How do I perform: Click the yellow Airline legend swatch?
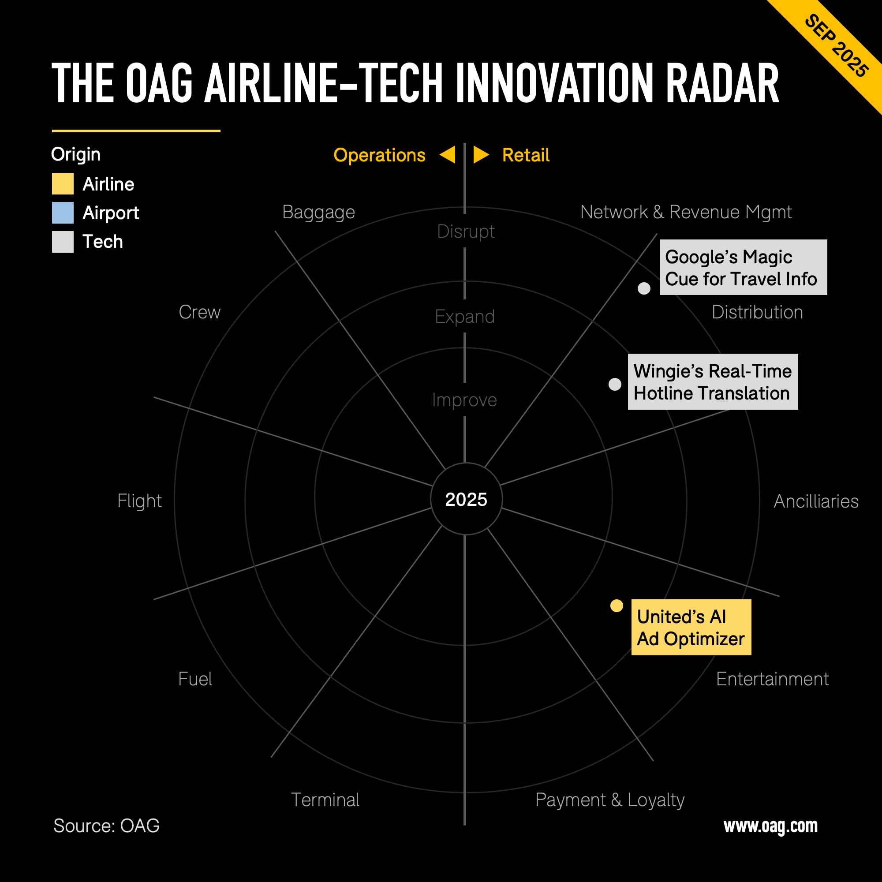click(63, 184)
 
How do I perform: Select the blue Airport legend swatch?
click(63, 213)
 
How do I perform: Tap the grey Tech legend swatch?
click(63, 242)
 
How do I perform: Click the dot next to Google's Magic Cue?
click(644, 288)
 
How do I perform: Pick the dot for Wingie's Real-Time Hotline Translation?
click(615, 385)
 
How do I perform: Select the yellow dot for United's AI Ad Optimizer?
click(617, 606)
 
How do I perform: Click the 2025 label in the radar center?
click(466, 500)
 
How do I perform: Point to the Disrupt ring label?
click(466, 232)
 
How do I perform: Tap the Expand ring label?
click(465, 317)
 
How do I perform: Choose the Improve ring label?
click(464, 400)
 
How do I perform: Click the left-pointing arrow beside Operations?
click(448, 155)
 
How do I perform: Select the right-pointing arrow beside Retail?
click(481, 155)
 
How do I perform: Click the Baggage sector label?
click(318, 212)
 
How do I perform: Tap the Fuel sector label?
click(195, 679)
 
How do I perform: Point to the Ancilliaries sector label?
click(816, 501)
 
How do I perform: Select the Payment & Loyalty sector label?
click(610, 800)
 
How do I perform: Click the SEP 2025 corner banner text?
click(836, 46)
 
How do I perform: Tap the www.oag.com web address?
click(770, 826)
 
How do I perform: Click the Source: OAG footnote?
click(106, 826)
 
